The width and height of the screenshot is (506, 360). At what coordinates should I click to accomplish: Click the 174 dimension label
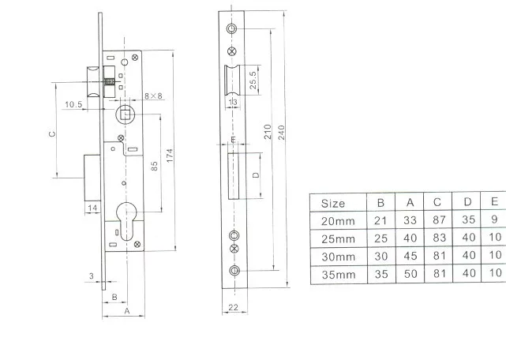click(170, 156)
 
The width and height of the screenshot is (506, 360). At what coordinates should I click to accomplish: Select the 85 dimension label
click(155, 167)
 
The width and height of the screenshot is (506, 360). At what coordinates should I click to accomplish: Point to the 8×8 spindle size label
click(153, 96)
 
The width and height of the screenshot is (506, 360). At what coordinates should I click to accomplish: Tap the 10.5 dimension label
click(73, 104)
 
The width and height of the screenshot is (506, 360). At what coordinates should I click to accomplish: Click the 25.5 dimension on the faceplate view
click(253, 80)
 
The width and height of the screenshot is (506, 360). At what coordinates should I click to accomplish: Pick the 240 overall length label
click(281, 133)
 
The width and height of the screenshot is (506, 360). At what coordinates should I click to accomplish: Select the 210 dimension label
click(268, 132)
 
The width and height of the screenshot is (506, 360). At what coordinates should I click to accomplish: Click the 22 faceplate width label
click(233, 307)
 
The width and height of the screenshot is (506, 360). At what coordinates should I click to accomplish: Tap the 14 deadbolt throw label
click(92, 208)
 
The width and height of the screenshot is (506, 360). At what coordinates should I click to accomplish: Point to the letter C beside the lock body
click(52, 133)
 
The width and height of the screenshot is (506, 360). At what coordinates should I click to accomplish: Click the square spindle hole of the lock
click(126, 114)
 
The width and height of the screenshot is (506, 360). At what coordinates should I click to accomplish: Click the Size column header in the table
click(333, 204)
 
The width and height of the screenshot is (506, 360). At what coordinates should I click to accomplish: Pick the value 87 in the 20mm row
click(439, 220)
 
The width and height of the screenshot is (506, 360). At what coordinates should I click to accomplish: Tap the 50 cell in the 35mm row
click(410, 274)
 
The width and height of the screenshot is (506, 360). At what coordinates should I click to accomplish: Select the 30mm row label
click(338, 257)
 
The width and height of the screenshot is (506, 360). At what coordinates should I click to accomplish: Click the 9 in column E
click(494, 219)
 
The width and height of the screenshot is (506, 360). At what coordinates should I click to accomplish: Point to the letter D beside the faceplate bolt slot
click(256, 175)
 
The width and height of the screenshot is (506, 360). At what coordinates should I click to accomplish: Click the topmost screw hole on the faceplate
click(231, 28)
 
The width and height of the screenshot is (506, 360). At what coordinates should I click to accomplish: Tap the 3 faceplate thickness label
click(92, 276)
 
